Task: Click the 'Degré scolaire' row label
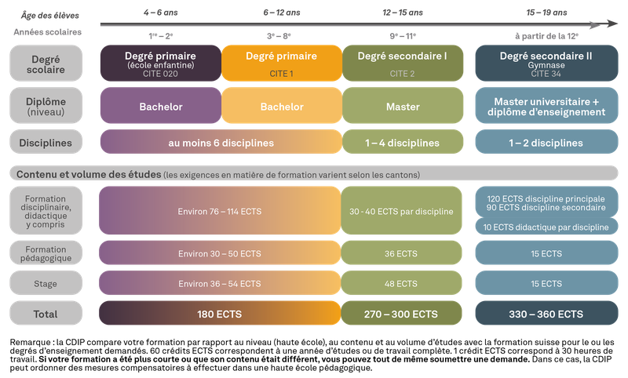click(46, 63)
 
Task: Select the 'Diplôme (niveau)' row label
click(46, 106)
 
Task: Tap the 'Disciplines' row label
click(46, 143)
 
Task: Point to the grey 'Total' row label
click(46, 314)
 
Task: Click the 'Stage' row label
click(46, 283)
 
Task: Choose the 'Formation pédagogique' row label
click(46, 253)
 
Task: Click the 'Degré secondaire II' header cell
click(546, 63)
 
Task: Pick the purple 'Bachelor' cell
click(160, 106)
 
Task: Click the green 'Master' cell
click(403, 106)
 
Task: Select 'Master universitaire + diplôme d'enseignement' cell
click(546, 106)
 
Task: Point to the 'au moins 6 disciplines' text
click(221, 143)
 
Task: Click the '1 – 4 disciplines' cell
click(403, 143)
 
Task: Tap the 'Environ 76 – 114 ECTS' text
click(220, 212)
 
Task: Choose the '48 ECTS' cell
click(402, 283)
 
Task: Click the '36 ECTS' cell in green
click(402, 253)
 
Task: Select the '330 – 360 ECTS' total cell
click(546, 314)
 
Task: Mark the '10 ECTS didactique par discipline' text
click(546, 227)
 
